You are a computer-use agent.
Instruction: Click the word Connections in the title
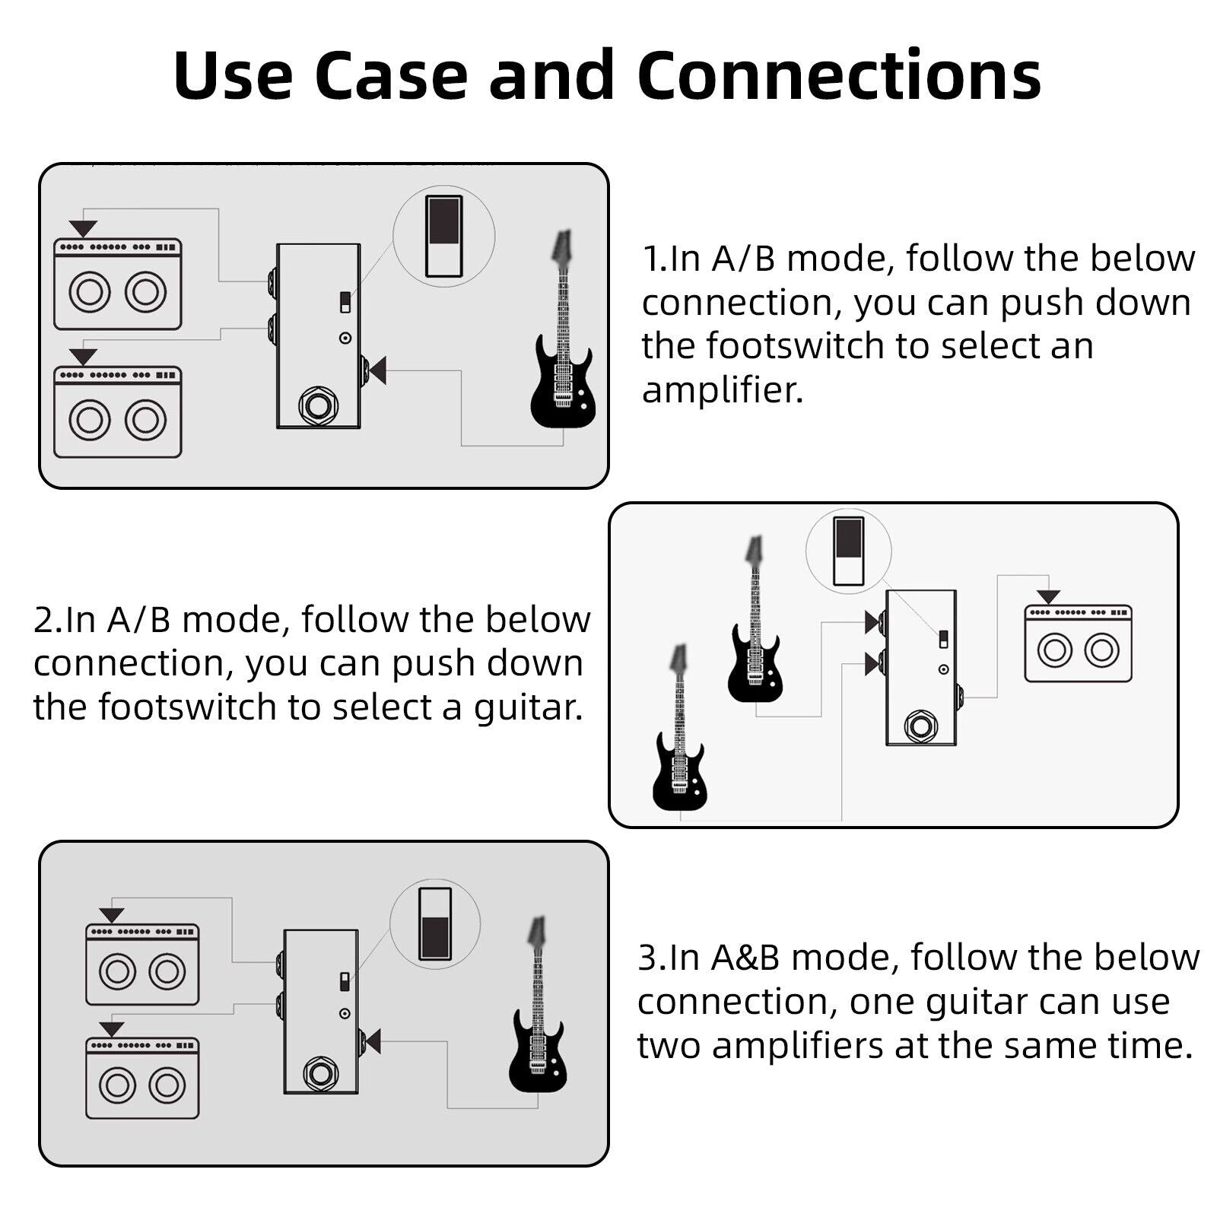[839, 76]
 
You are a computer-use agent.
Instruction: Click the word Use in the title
[233, 76]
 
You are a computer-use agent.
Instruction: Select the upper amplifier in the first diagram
[118, 284]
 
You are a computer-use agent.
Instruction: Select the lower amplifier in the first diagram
[118, 412]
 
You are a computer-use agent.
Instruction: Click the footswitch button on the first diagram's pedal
[318, 405]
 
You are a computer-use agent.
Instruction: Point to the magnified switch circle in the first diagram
[444, 236]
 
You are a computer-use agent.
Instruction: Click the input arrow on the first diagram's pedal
[377, 370]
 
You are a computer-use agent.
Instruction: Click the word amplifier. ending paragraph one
[723, 390]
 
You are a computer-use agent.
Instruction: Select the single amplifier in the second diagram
[1078, 643]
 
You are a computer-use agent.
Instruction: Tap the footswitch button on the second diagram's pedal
[920, 726]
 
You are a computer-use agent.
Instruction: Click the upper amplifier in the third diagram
[142, 964]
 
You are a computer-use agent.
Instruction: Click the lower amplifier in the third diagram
[142, 1078]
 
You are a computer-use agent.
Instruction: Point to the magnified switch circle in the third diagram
[435, 923]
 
